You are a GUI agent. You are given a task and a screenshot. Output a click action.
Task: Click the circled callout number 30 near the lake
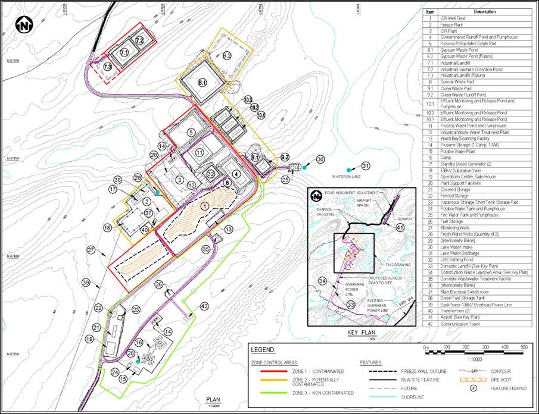[320, 159]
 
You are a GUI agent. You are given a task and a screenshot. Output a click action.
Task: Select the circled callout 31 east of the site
[366, 166]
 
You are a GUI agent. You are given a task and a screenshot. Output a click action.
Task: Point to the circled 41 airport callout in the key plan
[400, 228]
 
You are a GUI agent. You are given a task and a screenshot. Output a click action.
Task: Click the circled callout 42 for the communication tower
[204, 306]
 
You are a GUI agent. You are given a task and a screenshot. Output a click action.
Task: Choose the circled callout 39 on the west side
[86, 283]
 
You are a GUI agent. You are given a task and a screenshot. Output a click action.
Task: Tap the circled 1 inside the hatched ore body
[204, 206]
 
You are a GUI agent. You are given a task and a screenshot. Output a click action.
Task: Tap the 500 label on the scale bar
[522, 347]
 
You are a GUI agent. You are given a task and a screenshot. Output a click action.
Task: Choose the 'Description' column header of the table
[484, 12]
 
